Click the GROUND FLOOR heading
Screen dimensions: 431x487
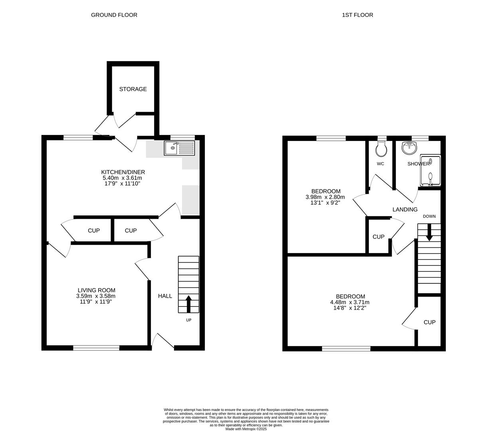tap(114, 15)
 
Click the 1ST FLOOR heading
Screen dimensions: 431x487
tap(357, 15)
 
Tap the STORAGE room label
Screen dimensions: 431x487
tap(133, 89)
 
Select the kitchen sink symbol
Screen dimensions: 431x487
tap(180, 148)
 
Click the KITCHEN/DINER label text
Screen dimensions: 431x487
tap(120, 172)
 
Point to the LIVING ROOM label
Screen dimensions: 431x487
tap(96, 290)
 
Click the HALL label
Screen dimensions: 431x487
tap(165, 296)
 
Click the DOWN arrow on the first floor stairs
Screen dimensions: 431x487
tap(429, 232)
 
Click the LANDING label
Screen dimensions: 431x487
tap(405, 210)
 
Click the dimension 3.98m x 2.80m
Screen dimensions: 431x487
tap(325, 197)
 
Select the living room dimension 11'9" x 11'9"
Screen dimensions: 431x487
tap(96, 302)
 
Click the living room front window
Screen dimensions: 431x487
tap(96, 348)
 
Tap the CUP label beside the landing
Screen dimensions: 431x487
tap(378, 237)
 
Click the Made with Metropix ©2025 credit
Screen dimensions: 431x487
tap(246, 429)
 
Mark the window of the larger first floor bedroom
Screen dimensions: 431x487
tap(346, 348)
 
